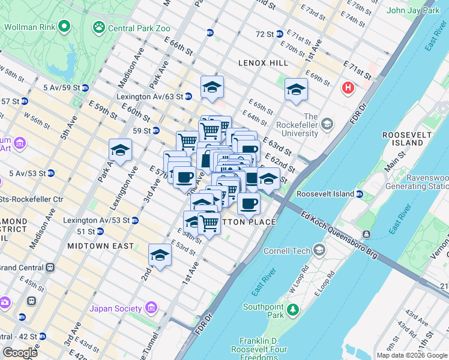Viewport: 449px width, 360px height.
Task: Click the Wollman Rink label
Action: coord(30,27)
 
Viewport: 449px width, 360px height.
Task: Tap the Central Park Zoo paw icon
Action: coord(98,28)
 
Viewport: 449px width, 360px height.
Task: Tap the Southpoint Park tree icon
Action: coord(292,310)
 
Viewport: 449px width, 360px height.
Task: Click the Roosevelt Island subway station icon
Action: coord(359,194)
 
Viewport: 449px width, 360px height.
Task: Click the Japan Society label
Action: coord(115,309)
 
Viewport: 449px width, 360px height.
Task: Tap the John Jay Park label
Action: coord(414,10)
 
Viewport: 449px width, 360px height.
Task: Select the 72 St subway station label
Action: coord(264,34)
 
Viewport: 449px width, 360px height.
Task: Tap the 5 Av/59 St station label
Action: coord(62,87)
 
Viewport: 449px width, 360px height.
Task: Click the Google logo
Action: coord(20,353)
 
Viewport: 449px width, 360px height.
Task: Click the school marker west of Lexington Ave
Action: coord(120,150)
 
